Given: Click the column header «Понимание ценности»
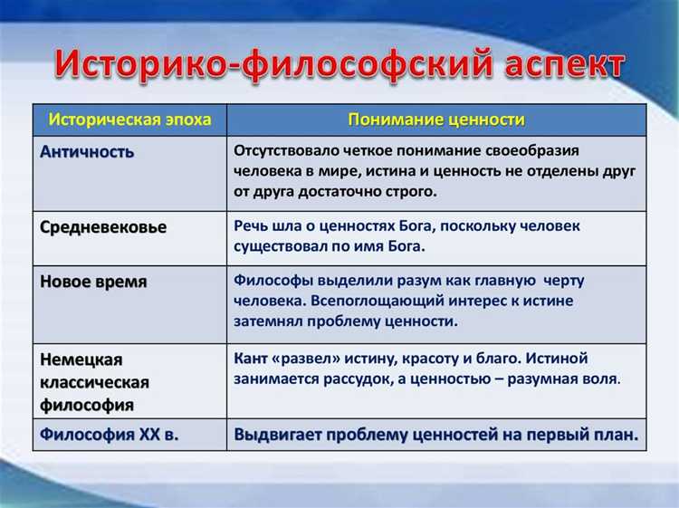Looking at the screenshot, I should pos(436,120).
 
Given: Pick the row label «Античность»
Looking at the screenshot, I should pos(87,151).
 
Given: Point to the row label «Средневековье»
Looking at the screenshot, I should pos(103,227).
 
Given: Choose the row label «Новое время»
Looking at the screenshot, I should pos(93,281).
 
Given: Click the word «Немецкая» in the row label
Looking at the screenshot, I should pos(81,359).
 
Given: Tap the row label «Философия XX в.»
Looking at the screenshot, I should pos(109,434).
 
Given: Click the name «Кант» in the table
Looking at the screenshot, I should pos(253,358).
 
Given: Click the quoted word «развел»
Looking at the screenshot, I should pos(313,358).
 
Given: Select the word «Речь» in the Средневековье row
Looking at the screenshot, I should pos(252,225).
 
